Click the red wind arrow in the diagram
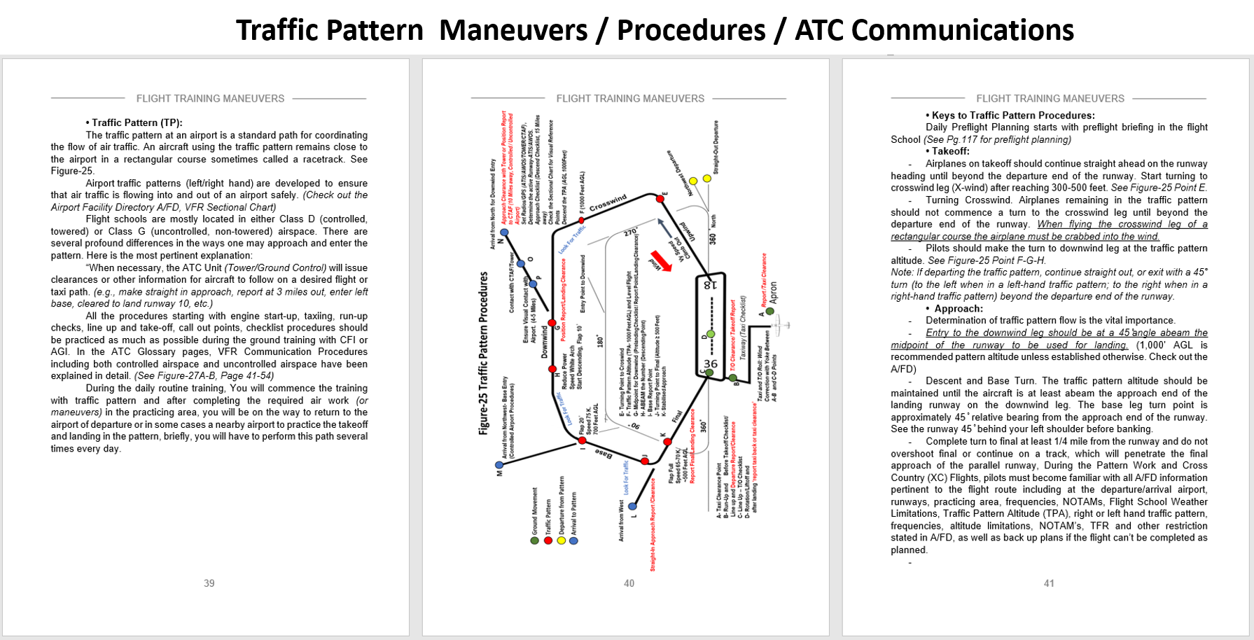click(662, 261)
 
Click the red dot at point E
click(660, 200)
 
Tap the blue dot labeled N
click(504, 232)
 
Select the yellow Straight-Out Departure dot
click(707, 179)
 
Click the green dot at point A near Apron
click(770, 311)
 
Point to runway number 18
click(710, 285)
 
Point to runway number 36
click(710, 363)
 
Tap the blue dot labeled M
click(499, 465)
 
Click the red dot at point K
click(667, 443)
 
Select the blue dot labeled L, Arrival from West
click(632, 506)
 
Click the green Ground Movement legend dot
click(535, 541)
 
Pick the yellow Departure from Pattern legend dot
click(561, 541)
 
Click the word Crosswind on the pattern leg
click(608, 203)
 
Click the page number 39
click(209, 583)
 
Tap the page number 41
click(1048, 583)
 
